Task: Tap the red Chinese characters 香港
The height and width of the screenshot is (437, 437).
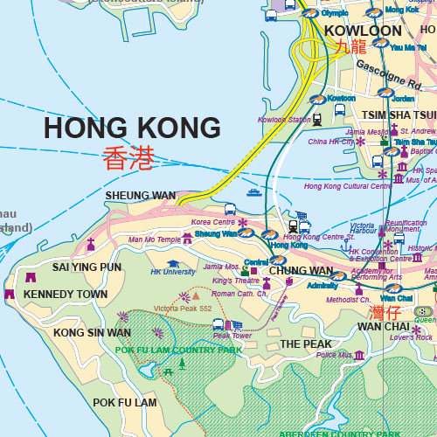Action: [128, 158]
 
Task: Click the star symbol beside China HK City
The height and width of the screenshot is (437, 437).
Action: [360, 141]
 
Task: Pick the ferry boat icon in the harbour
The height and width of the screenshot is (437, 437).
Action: [253, 192]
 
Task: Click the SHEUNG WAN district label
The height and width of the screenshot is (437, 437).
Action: [140, 195]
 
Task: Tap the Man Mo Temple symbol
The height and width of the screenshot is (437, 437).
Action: [187, 239]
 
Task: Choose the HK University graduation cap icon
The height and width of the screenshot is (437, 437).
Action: [173, 263]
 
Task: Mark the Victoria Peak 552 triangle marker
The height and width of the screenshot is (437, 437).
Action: [184, 298]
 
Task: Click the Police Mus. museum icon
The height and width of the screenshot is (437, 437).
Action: [359, 354]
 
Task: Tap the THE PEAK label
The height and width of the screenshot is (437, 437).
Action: [306, 344]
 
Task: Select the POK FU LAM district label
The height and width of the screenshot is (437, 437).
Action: [125, 403]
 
